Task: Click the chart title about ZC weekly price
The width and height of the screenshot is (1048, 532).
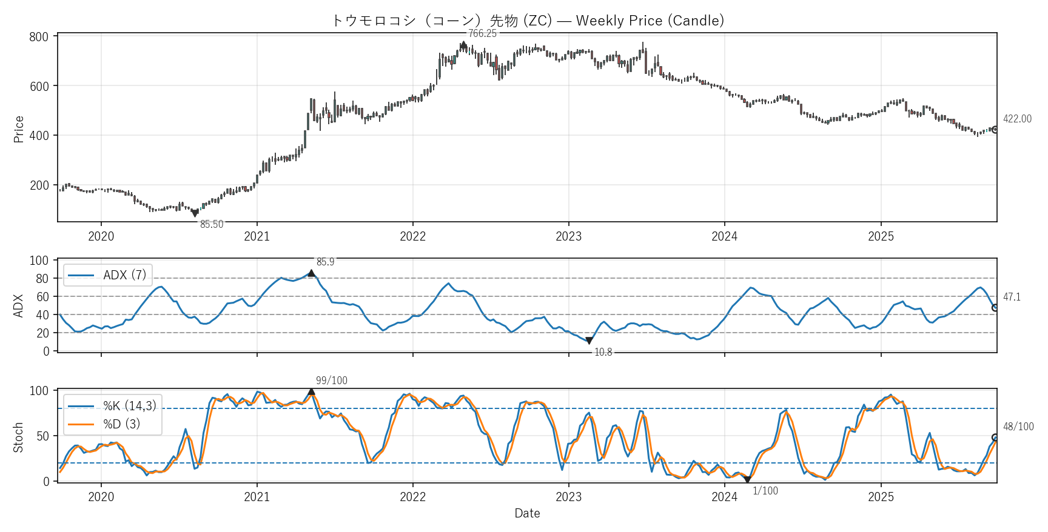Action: click(x=527, y=21)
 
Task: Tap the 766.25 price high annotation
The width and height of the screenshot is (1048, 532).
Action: click(x=482, y=33)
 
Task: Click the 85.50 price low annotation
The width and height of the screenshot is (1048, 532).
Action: click(x=212, y=224)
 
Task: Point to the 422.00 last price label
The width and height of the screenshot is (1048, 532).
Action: click(x=1017, y=119)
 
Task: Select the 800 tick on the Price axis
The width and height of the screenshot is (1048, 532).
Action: click(x=39, y=37)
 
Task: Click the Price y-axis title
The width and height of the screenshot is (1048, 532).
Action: click(x=19, y=129)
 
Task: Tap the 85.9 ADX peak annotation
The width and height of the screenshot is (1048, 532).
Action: click(x=325, y=262)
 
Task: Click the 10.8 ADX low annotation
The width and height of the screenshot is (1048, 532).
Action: click(x=603, y=352)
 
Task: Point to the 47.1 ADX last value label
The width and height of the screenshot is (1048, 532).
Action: click(x=1012, y=297)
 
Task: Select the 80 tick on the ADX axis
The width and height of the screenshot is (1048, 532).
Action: click(x=42, y=279)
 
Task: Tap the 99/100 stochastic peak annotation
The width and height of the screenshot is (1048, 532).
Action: click(x=332, y=381)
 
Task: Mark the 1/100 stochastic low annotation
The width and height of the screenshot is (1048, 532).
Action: click(x=765, y=491)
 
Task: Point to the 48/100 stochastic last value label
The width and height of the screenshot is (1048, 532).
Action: click(x=1018, y=427)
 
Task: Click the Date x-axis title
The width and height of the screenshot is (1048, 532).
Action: click(x=527, y=513)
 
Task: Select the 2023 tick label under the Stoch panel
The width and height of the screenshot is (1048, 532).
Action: click(x=568, y=497)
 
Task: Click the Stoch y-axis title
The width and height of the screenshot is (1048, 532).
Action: click(x=19, y=437)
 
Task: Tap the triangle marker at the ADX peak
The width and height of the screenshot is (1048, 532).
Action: click(x=311, y=273)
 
